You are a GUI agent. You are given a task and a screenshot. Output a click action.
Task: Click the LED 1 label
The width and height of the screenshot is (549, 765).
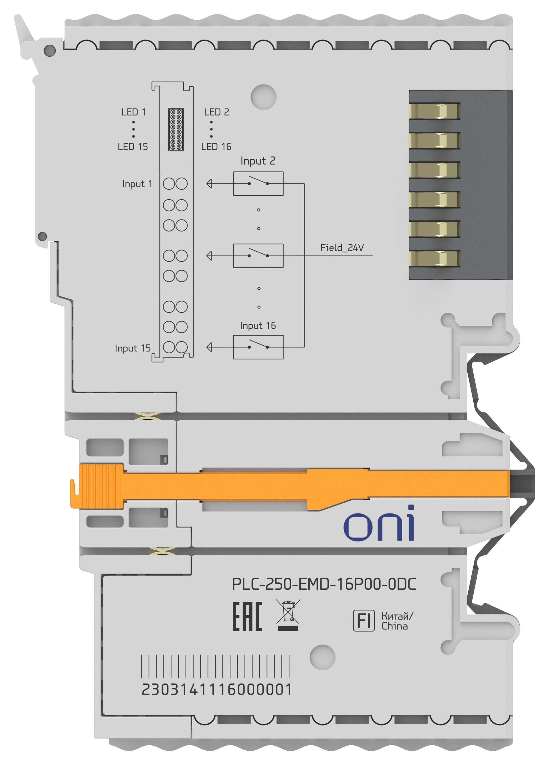pyautogui.click(x=134, y=112)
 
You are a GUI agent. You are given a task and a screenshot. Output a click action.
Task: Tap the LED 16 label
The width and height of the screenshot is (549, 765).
pyautogui.click(x=216, y=147)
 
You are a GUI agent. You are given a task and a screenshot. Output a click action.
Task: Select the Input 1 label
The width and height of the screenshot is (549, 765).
pyautogui.click(x=137, y=184)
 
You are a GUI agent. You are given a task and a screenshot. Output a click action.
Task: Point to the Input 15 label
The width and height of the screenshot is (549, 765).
pyautogui.click(x=133, y=348)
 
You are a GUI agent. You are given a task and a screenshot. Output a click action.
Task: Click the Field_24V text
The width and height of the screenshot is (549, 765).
pyautogui.click(x=342, y=248)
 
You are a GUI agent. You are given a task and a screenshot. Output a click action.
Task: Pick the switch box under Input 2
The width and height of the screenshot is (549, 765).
pyautogui.click(x=258, y=184)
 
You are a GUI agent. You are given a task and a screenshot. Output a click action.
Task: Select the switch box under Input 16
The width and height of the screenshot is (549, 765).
pyautogui.click(x=258, y=347)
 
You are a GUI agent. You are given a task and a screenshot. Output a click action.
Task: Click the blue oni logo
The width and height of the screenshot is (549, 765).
pyautogui.click(x=379, y=523)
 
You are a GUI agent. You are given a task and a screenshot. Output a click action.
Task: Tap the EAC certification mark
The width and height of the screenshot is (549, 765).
pyautogui.click(x=247, y=616)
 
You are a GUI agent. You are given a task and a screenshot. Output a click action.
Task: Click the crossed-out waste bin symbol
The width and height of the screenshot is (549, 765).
pyautogui.click(x=288, y=615)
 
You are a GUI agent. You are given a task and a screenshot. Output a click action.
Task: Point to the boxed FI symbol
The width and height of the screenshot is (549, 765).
pyautogui.click(x=364, y=620)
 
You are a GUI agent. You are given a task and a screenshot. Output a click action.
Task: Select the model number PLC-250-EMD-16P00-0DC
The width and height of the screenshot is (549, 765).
pyautogui.click(x=324, y=584)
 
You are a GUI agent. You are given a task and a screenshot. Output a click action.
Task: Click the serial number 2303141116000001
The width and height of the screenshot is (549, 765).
pyautogui.click(x=216, y=689)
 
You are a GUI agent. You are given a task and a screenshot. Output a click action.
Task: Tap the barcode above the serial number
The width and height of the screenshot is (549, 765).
pyautogui.click(x=215, y=666)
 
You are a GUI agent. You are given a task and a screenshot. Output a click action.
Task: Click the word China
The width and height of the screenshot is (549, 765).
pyautogui.click(x=394, y=626)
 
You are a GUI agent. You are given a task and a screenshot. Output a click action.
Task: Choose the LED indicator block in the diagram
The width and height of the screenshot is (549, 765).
pyautogui.click(x=176, y=130)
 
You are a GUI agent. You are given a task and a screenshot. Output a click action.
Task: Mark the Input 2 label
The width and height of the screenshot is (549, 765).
pyautogui.click(x=258, y=161)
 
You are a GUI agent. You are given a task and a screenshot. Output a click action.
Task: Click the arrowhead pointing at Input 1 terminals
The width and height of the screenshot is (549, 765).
pyautogui.click(x=209, y=184)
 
